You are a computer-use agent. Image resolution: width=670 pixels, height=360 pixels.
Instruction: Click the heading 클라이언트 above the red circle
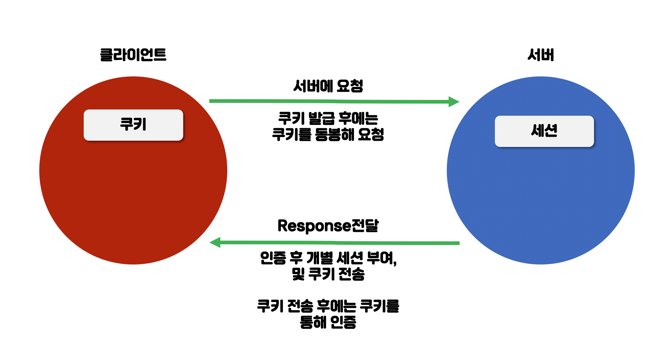(133, 55)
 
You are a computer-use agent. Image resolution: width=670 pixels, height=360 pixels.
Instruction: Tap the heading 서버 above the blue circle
(540, 55)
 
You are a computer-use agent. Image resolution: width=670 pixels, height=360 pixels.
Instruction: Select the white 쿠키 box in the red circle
(133, 125)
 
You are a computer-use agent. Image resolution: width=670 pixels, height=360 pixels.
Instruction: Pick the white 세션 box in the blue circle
(544, 131)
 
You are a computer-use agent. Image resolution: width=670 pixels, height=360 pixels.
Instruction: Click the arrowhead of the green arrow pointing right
(454, 102)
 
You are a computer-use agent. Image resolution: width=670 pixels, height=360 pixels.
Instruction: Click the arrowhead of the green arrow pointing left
(215, 242)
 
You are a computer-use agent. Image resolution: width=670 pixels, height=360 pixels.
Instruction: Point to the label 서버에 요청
(328, 86)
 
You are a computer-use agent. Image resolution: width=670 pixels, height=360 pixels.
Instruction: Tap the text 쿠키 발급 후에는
(328, 118)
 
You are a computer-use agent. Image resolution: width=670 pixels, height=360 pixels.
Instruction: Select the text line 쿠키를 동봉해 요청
(328, 134)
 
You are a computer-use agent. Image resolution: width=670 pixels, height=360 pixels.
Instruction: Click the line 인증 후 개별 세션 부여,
(328, 258)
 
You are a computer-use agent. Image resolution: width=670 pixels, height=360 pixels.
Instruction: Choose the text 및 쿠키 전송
(328, 274)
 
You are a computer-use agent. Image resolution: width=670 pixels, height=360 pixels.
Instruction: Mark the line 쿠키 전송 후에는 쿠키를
(328, 306)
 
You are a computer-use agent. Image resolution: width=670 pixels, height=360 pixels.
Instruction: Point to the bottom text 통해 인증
(328, 322)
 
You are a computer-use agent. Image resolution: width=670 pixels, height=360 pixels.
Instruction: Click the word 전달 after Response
(365, 226)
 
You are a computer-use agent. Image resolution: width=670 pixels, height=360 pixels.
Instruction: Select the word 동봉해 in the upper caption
(334, 134)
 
